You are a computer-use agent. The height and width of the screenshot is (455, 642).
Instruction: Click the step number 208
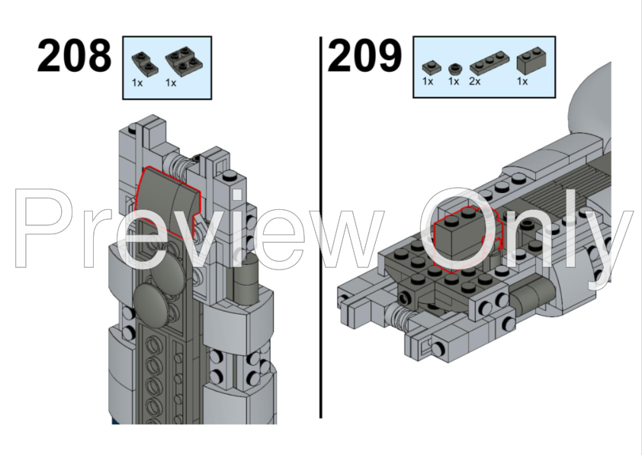pos(73,56)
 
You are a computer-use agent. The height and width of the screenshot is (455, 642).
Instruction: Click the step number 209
pos(364,56)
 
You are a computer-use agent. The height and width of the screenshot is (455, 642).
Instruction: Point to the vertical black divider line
pos(321,229)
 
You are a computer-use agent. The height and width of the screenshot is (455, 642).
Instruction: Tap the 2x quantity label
pos(475,81)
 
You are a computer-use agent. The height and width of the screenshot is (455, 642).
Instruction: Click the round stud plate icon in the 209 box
pos(455,67)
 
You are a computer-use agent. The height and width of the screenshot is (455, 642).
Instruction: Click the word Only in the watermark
pos(526,229)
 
